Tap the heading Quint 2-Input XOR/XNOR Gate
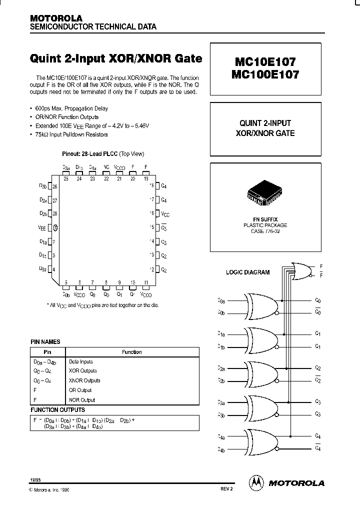tap(116, 58)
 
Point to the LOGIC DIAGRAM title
tap(248, 272)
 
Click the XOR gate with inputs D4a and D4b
tap(260, 441)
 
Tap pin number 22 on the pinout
tap(106, 178)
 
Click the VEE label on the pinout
tap(41, 227)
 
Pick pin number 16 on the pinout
tap(151, 213)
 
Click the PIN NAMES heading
tap(45, 342)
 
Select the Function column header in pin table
tap(132, 352)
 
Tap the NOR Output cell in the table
tap(81, 400)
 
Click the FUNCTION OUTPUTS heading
tap(58, 409)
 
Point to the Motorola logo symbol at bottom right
tap(256, 482)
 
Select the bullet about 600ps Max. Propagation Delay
tap(71, 108)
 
